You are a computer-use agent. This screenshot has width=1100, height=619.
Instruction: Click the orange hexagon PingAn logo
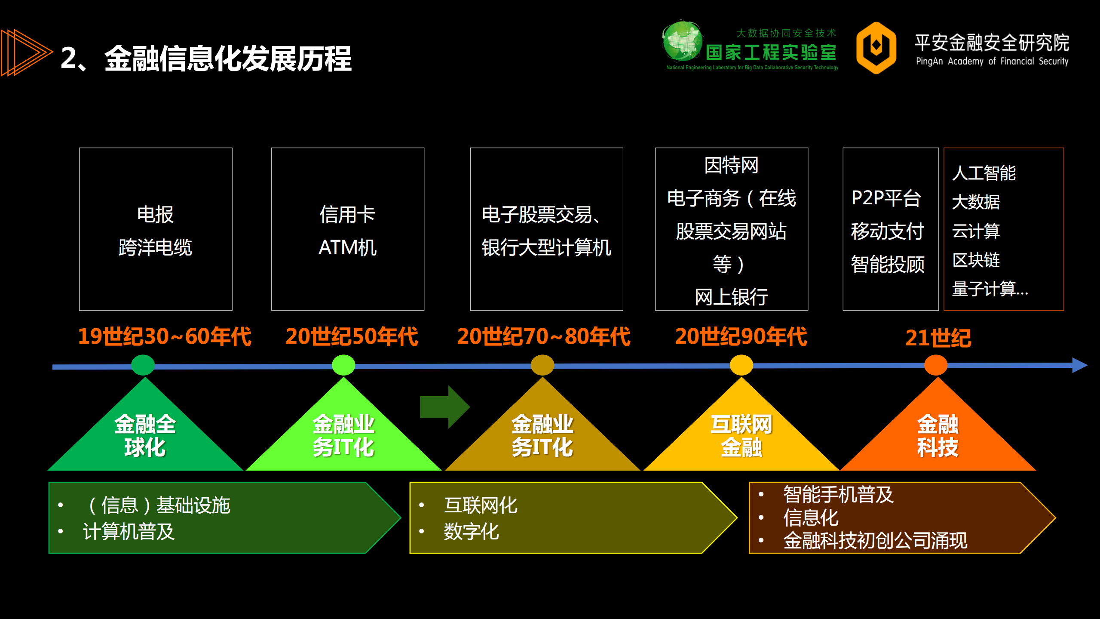(x=876, y=48)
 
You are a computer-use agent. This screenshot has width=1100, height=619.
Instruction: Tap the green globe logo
(x=682, y=41)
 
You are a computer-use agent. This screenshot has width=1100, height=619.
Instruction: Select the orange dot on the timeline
(x=936, y=365)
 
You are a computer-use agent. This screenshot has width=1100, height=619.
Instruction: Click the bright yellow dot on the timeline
(x=741, y=365)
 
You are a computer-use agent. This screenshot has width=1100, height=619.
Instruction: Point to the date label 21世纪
(x=938, y=338)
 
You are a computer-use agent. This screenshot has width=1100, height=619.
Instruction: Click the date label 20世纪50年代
(x=352, y=336)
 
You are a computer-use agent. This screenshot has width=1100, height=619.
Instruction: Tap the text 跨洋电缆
(x=155, y=247)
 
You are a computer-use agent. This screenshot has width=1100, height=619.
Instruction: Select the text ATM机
(x=347, y=247)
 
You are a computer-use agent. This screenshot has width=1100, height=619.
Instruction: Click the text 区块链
(x=976, y=260)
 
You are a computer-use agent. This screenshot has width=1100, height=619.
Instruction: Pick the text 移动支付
(x=887, y=231)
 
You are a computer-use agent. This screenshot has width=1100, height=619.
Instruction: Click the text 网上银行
(x=731, y=297)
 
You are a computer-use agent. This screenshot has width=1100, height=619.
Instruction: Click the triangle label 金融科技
(x=938, y=435)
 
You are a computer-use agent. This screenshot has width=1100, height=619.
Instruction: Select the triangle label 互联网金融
(x=741, y=435)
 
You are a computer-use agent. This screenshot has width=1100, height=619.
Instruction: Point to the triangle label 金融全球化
(x=145, y=435)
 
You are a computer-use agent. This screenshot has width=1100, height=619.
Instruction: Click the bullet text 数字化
(x=471, y=532)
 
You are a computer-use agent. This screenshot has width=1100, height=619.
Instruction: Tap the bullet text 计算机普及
(x=129, y=532)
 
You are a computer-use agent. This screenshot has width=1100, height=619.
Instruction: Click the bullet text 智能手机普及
(x=838, y=494)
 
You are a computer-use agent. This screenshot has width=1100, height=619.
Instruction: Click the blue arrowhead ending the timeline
(x=1079, y=365)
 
